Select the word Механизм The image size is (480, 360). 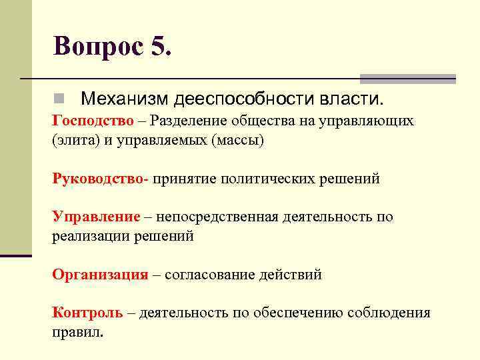[123, 99]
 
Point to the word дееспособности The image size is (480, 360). [242, 99]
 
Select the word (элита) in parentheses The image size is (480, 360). [72, 141]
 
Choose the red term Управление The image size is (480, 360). [96, 217]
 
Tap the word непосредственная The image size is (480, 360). [223, 217]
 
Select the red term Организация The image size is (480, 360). [100, 275]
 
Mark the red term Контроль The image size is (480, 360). [87, 313]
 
